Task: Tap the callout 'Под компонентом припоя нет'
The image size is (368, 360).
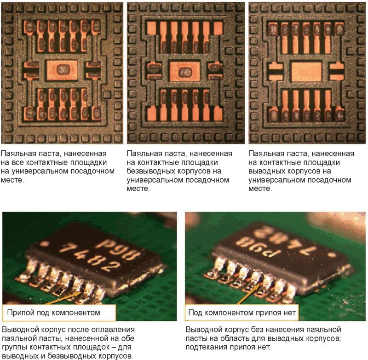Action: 242,313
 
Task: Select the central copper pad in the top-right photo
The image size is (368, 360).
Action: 306,71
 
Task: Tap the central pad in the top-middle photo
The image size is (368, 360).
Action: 185,71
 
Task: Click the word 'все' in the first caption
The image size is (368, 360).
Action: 17,162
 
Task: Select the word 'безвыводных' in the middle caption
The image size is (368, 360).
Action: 150,171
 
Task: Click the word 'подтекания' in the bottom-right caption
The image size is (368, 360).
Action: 207,347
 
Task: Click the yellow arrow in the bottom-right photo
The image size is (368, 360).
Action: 249,294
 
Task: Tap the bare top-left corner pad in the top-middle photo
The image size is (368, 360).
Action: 151,28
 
